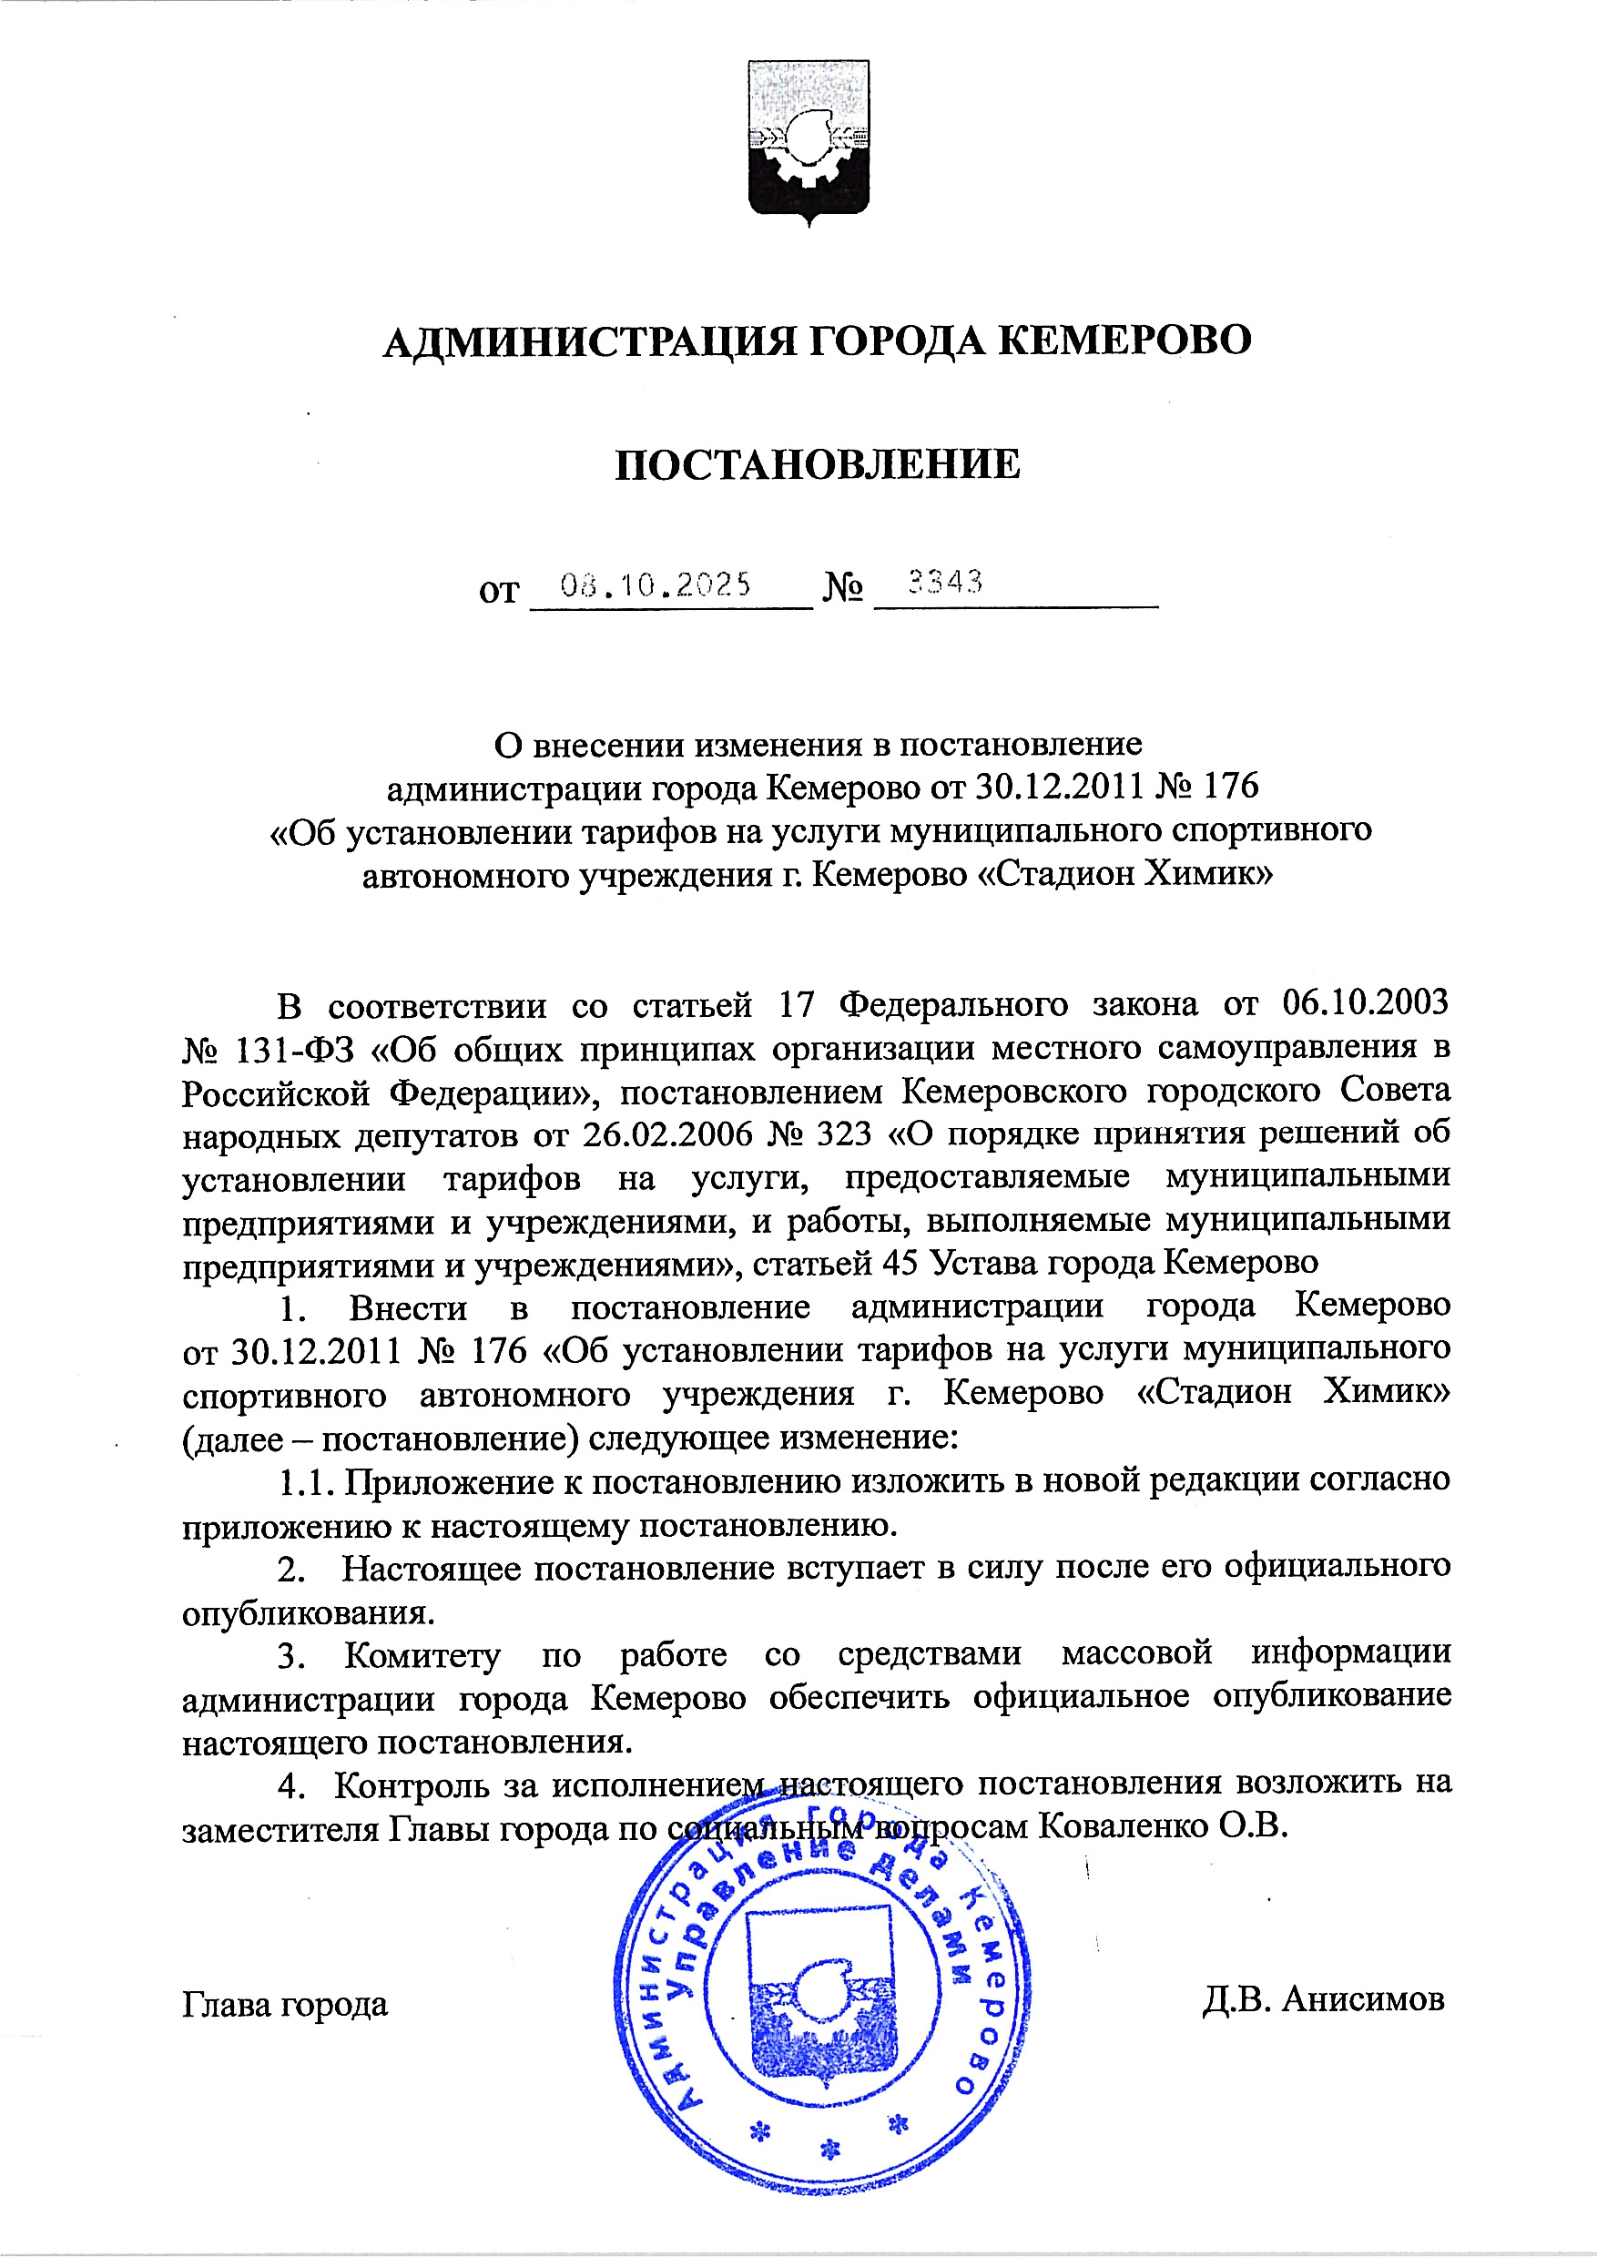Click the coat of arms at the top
pos(808,140)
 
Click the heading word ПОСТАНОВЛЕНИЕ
pos(818,465)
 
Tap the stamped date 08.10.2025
pos(655,585)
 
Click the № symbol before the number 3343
pos(843,589)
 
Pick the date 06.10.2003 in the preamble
pos(1366,1004)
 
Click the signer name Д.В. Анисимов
pos(1323,1999)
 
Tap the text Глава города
pos(285,2003)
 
